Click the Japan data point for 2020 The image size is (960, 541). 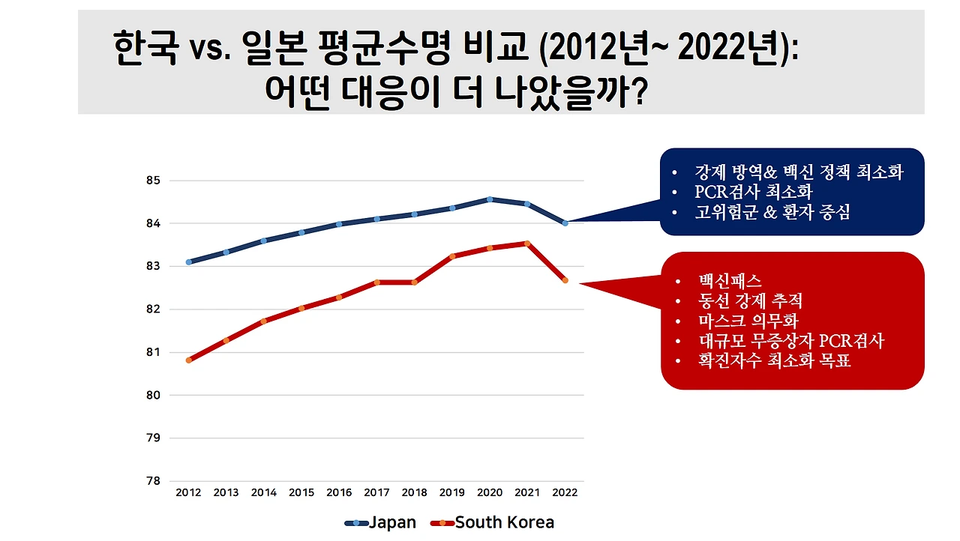coord(490,199)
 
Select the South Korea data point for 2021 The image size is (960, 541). coord(527,243)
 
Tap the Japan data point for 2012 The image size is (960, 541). coord(189,262)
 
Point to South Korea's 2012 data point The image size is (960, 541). coord(189,360)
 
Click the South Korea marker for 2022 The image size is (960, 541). coord(565,280)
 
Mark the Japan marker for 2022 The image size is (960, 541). coord(565,223)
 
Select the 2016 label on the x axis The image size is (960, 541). coord(339,492)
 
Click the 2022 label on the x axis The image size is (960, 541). coord(565,492)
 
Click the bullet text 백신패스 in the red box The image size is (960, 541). coord(728,282)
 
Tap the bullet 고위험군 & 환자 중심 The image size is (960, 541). coord(772,213)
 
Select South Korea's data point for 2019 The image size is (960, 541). coord(451,256)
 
